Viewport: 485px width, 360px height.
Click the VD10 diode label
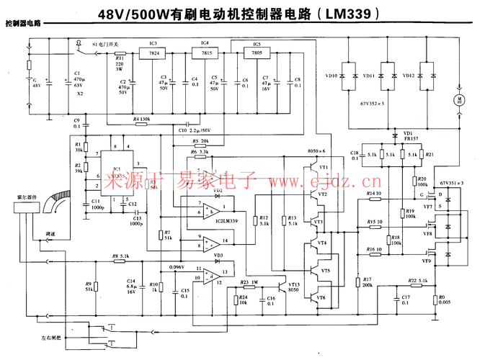click(x=332, y=75)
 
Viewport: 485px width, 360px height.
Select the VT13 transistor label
click(x=293, y=284)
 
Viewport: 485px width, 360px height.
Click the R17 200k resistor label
click(x=367, y=282)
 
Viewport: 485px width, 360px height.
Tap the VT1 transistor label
click(x=323, y=167)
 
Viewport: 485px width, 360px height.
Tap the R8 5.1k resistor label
click(x=120, y=256)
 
